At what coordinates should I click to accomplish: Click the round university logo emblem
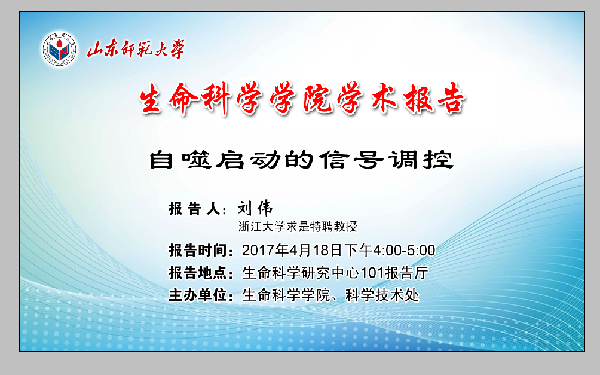click(x=59, y=50)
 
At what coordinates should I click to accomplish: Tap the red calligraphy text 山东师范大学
click(x=136, y=50)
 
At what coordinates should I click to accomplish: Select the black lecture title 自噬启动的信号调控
click(x=301, y=160)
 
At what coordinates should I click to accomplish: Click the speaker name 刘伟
click(x=255, y=208)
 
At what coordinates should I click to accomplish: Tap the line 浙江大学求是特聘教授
click(x=298, y=227)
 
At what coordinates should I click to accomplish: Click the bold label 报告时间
click(x=198, y=251)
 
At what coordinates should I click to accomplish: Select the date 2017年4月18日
click(x=293, y=251)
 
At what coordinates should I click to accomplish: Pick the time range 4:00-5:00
click(x=404, y=251)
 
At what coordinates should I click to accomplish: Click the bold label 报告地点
click(x=198, y=273)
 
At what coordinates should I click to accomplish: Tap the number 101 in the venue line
click(x=372, y=273)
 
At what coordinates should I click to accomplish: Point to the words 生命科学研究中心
click(x=301, y=273)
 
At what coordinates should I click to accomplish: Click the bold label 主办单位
click(x=198, y=295)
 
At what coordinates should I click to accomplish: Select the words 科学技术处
click(x=382, y=295)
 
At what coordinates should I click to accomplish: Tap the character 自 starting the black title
click(x=161, y=160)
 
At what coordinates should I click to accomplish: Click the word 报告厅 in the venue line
click(x=406, y=273)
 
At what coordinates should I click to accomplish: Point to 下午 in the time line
click(x=358, y=251)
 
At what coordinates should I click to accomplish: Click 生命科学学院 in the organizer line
click(x=286, y=295)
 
